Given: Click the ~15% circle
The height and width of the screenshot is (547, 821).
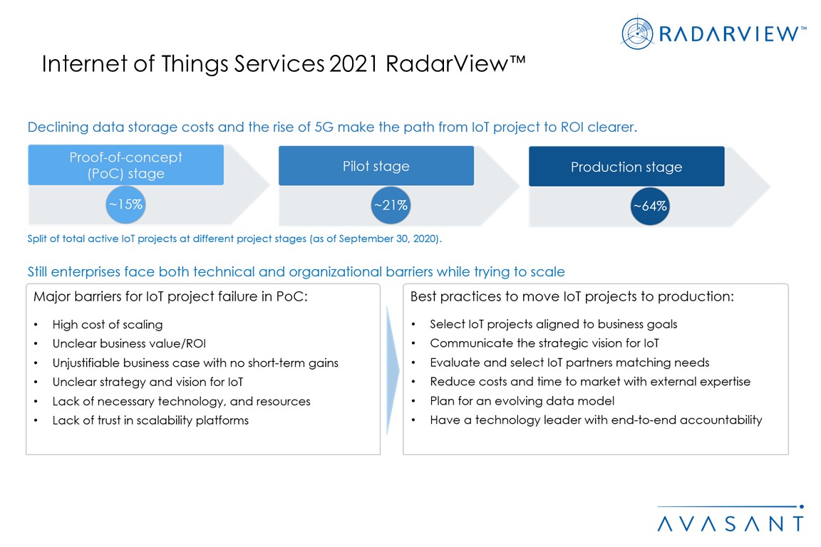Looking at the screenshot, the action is click(x=125, y=204).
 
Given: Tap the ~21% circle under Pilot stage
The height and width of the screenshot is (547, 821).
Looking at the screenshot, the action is click(x=391, y=205).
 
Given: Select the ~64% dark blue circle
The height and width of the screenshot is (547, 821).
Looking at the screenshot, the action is click(x=650, y=207).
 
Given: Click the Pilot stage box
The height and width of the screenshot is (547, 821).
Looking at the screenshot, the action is click(x=376, y=166).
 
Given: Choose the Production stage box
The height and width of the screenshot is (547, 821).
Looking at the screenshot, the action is click(x=626, y=167).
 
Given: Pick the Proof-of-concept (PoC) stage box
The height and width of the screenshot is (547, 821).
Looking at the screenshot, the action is click(x=125, y=165).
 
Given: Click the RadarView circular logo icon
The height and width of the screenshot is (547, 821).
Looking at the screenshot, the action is click(x=637, y=33).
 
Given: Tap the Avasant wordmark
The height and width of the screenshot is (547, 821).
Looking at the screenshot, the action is click(x=730, y=523).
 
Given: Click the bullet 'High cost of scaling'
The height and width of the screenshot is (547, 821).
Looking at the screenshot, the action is click(x=108, y=325).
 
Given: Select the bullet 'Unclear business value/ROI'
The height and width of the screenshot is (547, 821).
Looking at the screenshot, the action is click(x=129, y=343).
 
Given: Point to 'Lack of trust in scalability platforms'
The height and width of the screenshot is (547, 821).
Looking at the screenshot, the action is click(x=150, y=420).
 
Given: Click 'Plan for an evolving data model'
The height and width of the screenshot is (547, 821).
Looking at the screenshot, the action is click(x=522, y=401).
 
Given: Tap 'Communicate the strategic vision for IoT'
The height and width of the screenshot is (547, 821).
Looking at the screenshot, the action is click(x=544, y=343).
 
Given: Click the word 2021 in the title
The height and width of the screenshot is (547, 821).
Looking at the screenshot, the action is click(x=353, y=64).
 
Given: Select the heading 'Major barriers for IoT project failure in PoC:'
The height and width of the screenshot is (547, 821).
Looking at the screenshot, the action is click(x=171, y=297).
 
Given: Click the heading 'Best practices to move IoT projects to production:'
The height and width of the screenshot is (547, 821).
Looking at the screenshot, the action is click(x=572, y=297).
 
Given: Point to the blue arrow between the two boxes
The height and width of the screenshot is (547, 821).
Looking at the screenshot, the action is click(x=392, y=370).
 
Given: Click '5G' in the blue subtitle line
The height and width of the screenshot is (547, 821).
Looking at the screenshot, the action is click(x=324, y=127).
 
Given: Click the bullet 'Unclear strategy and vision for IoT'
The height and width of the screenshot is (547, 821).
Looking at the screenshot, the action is click(x=148, y=382).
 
